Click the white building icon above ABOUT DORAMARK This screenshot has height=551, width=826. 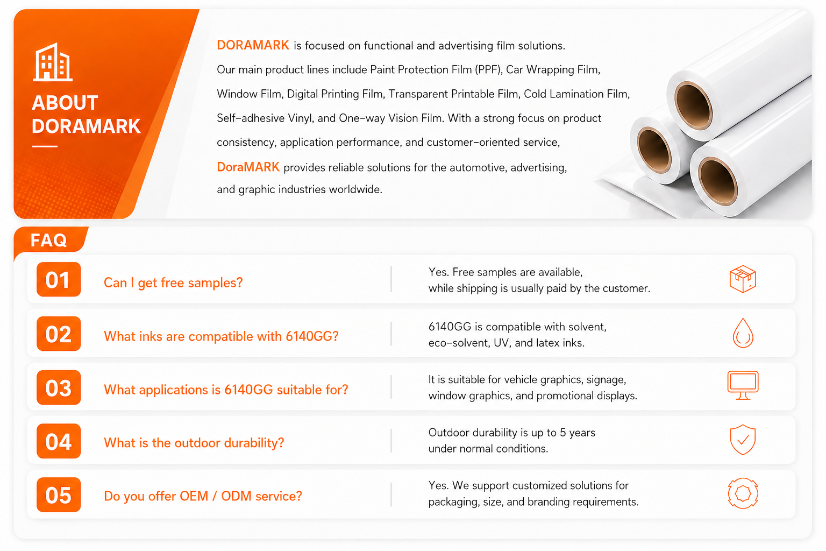click(x=53, y=62)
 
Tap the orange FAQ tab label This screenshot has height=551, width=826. click(x=48, y=240)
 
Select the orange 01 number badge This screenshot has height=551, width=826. click(x=59, y=279)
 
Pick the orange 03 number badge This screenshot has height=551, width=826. click(x=59, y=387)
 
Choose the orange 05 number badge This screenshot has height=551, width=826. click(x=59, y=495)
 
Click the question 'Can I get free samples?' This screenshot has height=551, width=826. click(x=173, y=282)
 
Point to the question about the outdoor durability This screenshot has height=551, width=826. click(x=194, y=442)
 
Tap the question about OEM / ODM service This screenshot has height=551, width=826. click(x=203, y=496)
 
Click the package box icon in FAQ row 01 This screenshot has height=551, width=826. click(x=743, y=279)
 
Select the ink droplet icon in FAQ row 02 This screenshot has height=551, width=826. click(x=743, y=333)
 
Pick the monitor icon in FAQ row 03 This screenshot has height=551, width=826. click(x=743, y=385)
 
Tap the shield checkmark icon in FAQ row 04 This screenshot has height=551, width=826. click(x=743, y=440)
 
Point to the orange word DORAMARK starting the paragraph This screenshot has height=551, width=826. click(x=253, y=45)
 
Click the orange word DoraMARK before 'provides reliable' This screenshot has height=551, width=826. click(x=248, y=167)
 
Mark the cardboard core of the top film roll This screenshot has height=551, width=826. click(x=693, y=105)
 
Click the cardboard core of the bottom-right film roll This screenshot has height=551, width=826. click(x=717, y=181)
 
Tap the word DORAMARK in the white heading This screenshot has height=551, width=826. click(x=86, y=126)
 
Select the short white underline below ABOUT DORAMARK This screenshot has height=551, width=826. click(x=45, y=146)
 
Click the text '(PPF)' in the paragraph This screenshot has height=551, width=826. click(x=488, y=69)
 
